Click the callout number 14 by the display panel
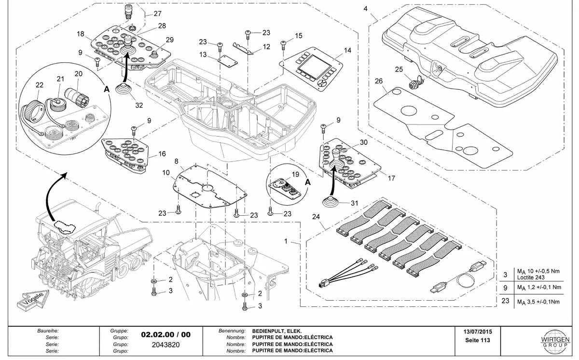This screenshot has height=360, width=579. click(x=348, y=50)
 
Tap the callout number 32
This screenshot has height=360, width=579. click(x=139, y=105)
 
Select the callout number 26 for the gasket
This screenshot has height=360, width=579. click(x=379, y=81)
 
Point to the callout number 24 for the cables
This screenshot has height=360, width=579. click(x=316, y=217)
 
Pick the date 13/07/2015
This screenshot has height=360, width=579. click(x=478, y=332)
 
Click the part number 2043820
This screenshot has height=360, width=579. click(x=165, y=345)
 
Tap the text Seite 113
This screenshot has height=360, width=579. click(x=478, y=340)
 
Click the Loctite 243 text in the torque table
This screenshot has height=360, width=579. click(x=531, y=277)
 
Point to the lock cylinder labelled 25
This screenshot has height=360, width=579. click(x=414, y=83)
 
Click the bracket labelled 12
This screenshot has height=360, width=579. click(x=244, y=48)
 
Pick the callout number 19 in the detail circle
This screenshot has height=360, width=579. click(x=295, y=174)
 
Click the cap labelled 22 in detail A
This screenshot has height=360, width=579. click(x=30, y=111)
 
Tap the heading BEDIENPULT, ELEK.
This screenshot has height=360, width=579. click(x=277, y=331)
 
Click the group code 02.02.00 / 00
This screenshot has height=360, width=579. click(x=165, y=335)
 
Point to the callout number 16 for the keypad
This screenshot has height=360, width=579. click(x=162, y=154)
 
